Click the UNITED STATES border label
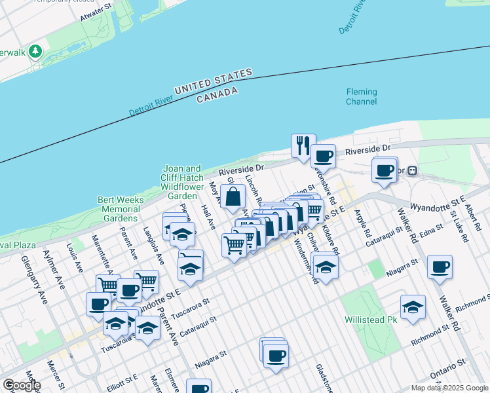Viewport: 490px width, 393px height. tap(213, 81)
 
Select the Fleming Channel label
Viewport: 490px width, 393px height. tap(362, 97)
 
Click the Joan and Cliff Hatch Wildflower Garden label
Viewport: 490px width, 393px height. tap(182, 182)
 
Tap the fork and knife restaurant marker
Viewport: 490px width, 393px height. tap(303, 145)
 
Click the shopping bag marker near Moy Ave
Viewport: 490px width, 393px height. tap(233, 196)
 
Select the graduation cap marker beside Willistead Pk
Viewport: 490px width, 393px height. tap(413, 307)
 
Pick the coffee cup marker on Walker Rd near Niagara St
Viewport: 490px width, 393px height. tap(440, 267)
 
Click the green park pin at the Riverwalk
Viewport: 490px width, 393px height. tap(35, 51)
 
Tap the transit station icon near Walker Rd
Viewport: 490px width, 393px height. tap(413, 171)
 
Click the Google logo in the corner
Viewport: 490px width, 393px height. tap(22, 385)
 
